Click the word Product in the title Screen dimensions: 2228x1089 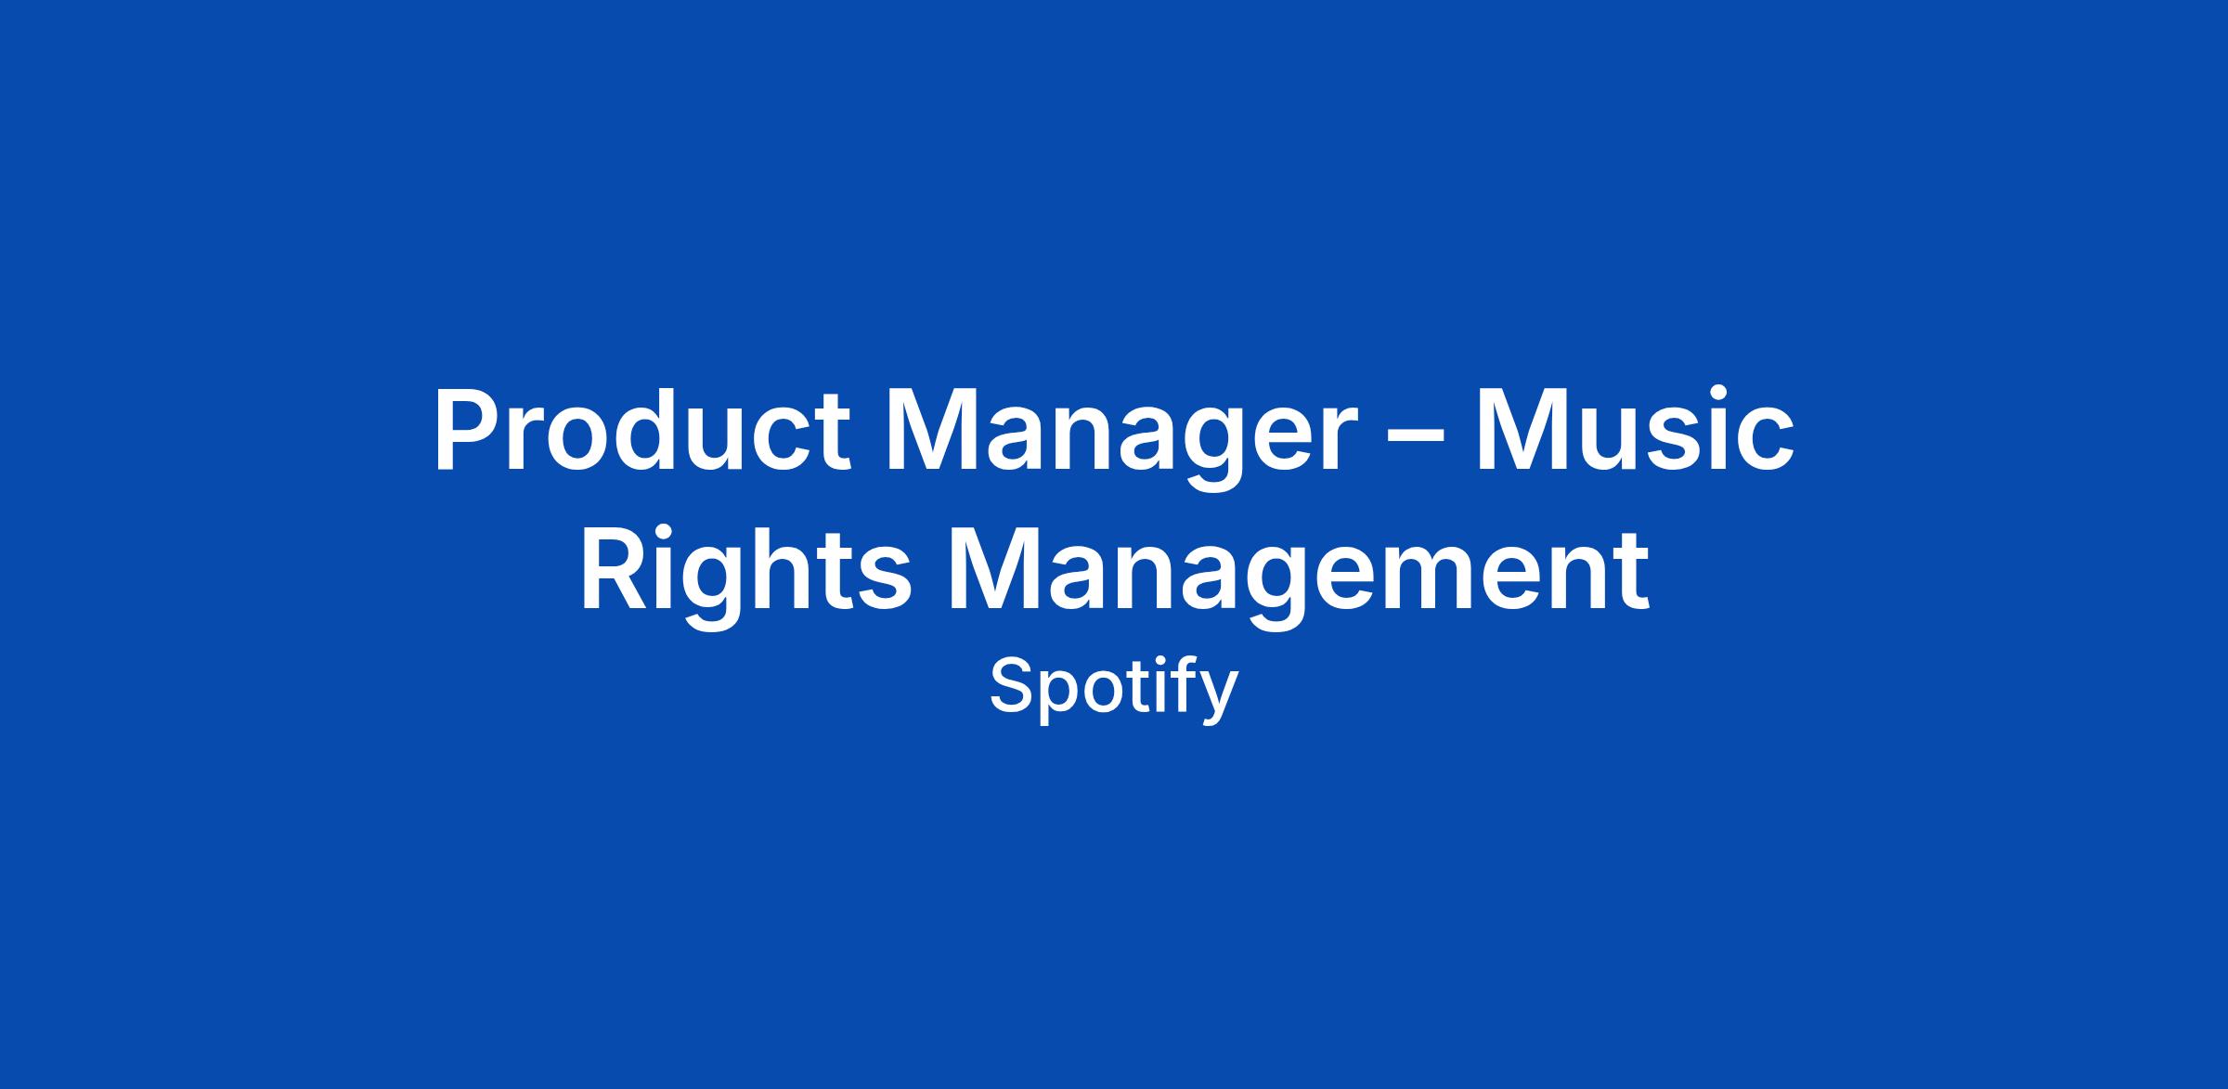[x=641, y=430]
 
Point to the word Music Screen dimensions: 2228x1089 [x=1634, y=430]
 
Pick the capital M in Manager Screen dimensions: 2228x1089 [x=936, y=430]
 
